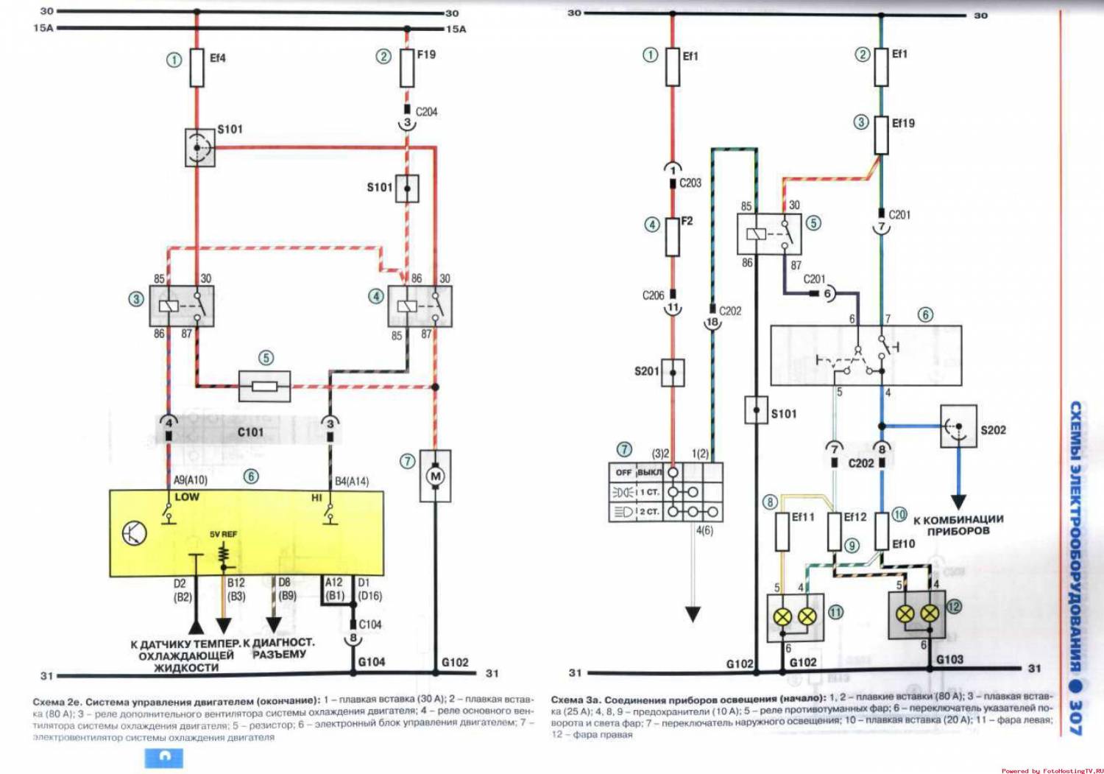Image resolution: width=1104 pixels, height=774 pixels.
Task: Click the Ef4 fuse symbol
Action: pos(197,68)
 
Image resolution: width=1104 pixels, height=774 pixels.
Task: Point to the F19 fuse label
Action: pos(426,54)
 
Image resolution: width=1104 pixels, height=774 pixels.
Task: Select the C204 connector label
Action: pos(426,112)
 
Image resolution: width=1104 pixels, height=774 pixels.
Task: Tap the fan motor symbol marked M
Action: pos(435,476)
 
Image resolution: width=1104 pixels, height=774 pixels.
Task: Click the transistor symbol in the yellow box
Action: pos(134,532)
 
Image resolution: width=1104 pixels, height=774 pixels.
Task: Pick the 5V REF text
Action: pos(223,534)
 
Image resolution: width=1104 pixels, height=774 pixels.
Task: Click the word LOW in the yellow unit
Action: pos(187,497)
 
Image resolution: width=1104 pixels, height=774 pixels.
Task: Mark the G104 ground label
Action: pos(372,661)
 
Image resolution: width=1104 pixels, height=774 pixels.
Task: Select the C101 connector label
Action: pos(250,432)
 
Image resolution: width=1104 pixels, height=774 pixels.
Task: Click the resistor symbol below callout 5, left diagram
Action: pos(265,386)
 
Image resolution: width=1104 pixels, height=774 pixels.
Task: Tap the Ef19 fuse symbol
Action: pos(881,134)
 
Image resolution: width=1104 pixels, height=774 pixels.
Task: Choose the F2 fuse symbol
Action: pos(672,236)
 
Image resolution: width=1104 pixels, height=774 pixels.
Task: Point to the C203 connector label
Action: pos(690,183)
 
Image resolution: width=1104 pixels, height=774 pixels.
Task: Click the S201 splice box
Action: pos(673,372)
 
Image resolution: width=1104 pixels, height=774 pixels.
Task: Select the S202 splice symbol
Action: pos(958,426)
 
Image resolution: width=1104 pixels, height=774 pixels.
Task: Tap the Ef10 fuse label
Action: pos(904,543)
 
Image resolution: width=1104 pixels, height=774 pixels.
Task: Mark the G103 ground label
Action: pos(949,659)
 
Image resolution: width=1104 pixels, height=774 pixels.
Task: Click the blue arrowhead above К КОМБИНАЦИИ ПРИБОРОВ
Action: pos(958,502)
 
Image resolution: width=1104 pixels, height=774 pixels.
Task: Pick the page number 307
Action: pos(1075,716)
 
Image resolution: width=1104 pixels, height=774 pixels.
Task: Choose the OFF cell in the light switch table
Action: pos(623,472)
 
